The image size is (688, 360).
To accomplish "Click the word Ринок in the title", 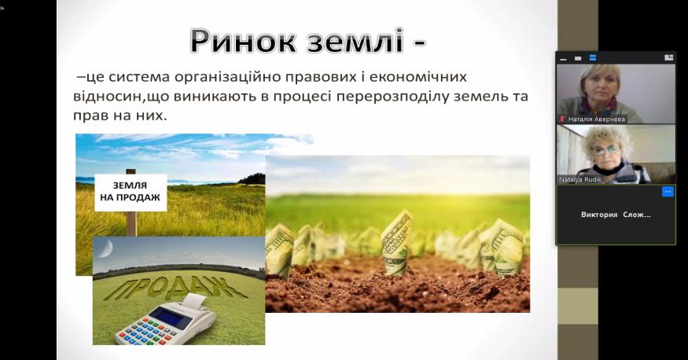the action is click(x=245, y=41).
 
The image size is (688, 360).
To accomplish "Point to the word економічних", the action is click(x=418, y=77).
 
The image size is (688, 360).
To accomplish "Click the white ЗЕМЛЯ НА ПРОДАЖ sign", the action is click(x=131, y=192).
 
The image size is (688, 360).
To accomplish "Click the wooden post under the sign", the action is click(x=131, y=224).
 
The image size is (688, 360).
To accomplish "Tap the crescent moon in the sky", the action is click(x=105, y=248).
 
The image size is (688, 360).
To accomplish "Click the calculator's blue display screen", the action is click(x=171, y=317).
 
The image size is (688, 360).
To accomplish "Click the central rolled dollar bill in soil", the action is click(x=396, y=242).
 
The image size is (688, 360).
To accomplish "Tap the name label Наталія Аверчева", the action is click(x=596, y=119).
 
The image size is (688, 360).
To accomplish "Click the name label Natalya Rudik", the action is click(x=580, y=179).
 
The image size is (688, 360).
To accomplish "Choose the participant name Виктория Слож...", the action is click(x=616, y=215).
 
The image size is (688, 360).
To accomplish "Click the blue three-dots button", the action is click(x=668, y=192).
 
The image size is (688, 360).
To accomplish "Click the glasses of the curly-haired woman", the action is click(x=606, y=150).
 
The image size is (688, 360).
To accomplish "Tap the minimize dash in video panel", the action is click(x=564, y=59).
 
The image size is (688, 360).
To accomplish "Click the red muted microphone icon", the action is click(x=562, y=119).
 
